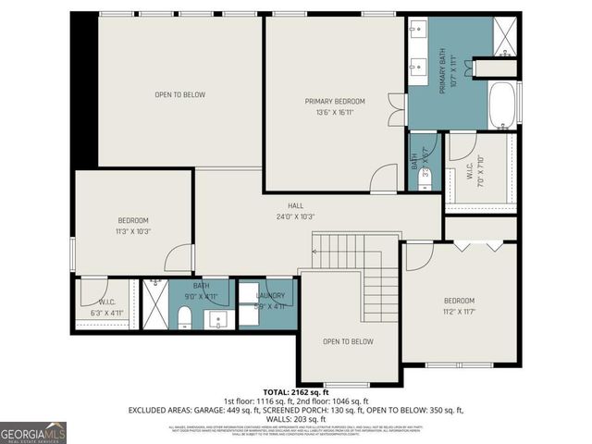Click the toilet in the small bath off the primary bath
pos(425,181)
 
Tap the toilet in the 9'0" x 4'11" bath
pos(184,319)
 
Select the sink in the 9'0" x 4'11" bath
pos(220,321)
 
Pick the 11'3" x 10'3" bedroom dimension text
pos(133,230)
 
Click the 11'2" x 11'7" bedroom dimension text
pos(459,312)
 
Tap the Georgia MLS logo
pos(33,432)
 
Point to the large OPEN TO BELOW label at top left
pos(179,94)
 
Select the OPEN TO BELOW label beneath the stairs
pos(348,341)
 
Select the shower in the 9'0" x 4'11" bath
pos(154,305)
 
